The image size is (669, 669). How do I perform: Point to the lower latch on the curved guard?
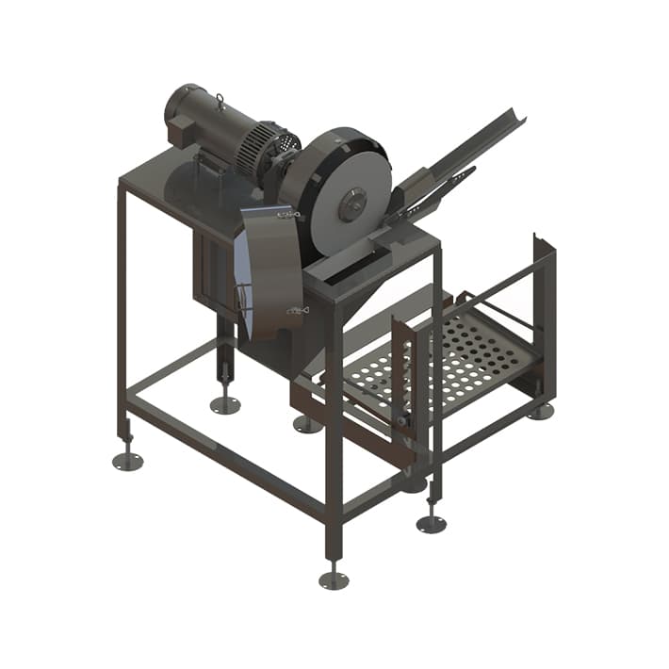[298, 309]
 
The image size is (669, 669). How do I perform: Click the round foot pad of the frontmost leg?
[333, 579]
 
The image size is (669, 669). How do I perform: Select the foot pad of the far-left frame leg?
[128, 461]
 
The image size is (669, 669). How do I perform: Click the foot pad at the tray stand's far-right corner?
[540, 412]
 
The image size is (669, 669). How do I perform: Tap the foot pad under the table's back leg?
[224, 405]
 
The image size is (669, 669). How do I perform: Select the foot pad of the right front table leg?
[432, 524]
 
